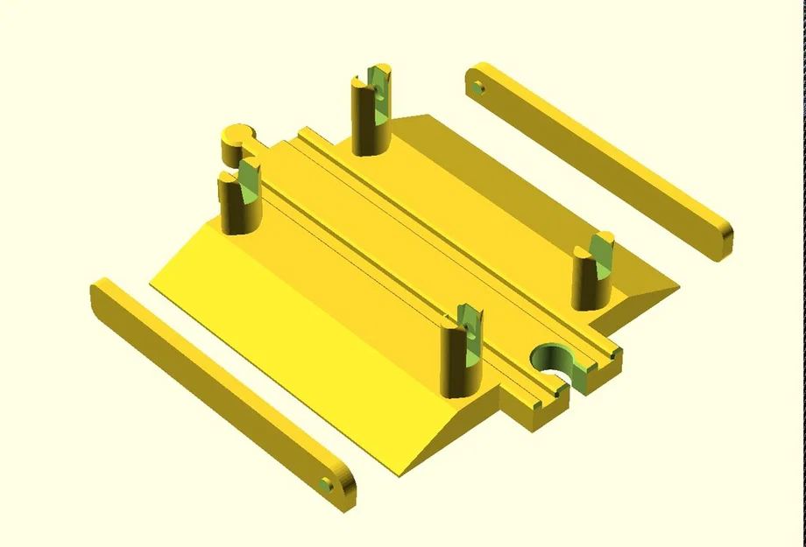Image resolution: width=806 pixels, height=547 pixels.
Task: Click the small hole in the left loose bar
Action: (x=327, y=483)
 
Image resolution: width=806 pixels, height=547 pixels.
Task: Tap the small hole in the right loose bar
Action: (x=478, y=88)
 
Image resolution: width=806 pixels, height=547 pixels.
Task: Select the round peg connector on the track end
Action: (x=236, y=137)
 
